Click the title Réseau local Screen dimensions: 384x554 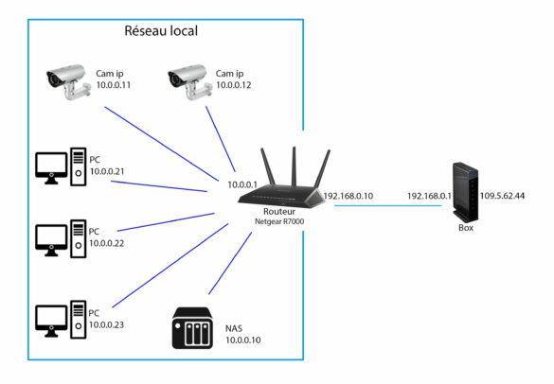point(160,30)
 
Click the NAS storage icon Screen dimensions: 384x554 point(193,328)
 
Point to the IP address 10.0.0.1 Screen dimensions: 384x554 point(245,183)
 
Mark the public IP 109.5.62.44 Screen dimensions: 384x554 point(503,197)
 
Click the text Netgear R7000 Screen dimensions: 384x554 point(281,221)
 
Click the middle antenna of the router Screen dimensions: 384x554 point(295,165)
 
